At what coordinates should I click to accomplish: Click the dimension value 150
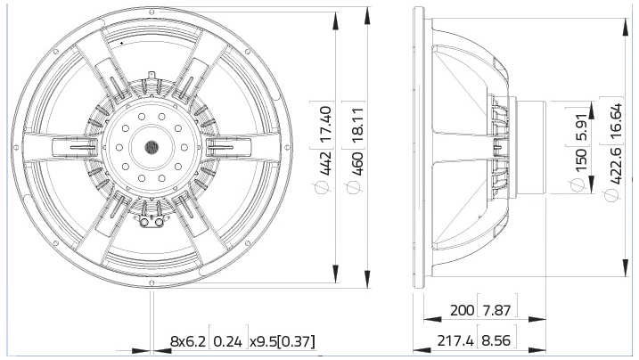click(x=582, y=160)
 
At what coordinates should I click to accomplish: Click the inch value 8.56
click(x=499, y=340)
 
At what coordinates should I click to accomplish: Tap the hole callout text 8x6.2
click(x=188, y=341)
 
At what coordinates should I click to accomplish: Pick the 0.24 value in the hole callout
click(x=229, y=341)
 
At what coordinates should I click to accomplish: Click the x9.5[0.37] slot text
click(x=282, y=341)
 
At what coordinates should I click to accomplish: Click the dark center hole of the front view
click(x=150, y=145)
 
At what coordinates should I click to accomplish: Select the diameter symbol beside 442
click(x=326, y=187)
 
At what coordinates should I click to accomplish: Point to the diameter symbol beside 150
click(x=582, y=184)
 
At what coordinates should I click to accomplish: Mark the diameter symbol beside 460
click(x=357, y=187)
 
